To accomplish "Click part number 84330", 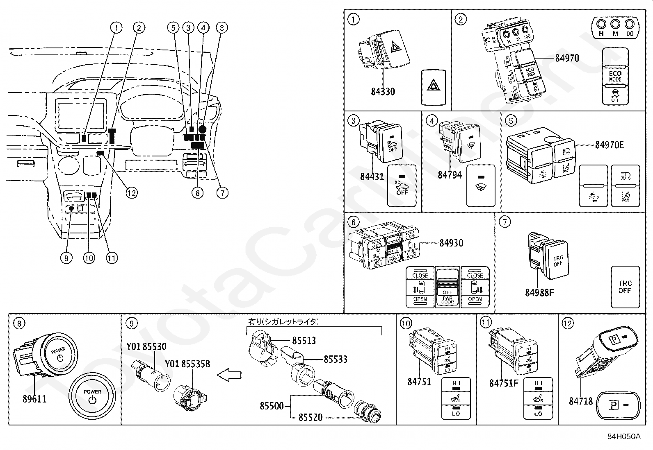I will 383,91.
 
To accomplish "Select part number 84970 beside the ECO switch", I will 567,58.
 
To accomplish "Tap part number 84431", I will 372,176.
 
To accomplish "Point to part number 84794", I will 450,175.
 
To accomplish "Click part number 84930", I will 451,243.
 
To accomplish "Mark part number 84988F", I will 539,293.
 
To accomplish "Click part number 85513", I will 304,340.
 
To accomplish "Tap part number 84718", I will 581,401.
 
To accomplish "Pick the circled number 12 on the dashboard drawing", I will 131,192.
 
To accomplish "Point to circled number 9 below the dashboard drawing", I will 66,258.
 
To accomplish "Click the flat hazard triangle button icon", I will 433,86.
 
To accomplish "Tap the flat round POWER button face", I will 92,396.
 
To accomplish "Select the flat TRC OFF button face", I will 625,287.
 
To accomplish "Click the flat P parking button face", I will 619,405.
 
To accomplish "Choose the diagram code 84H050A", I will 623,436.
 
